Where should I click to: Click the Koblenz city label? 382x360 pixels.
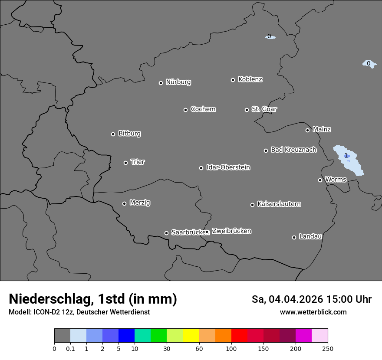(250, 79)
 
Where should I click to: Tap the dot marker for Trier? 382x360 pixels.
(126, 163)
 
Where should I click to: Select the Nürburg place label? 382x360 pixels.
(178, 82)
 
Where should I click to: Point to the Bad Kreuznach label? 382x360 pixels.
(293, 150)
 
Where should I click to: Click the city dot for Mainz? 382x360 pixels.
(307, 130)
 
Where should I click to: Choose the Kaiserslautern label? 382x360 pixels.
(279, 204)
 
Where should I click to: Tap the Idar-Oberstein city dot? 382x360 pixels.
(201, 168)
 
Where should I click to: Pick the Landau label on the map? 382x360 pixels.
(310, 236)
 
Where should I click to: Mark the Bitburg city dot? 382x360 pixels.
(113, 134)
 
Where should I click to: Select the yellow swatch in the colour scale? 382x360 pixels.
(191, 336)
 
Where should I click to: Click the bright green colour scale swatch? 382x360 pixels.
(158, 336)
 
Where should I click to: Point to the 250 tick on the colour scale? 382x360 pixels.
(328, 348)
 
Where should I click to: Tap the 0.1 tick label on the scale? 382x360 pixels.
(70, 348)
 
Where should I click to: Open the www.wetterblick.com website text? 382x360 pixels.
(313, 312)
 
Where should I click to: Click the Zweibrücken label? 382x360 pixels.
(231, 231)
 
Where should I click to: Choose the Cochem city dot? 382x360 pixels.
(185, 110)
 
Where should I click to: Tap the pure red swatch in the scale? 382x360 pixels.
(240, 336)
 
